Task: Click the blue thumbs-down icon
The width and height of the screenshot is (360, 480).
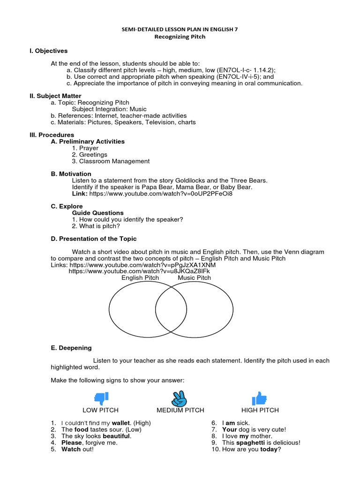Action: (x=101, y=398)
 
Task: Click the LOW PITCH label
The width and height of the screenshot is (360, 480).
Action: (x=102, y=410)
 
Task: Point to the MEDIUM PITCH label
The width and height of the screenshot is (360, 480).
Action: (x=180, y=410)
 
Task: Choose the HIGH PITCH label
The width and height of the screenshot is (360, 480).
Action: (x=260, y=410)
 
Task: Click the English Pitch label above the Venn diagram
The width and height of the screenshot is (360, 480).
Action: (x=140, y=278)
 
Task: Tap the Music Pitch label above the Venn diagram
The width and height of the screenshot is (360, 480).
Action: (x=194, y=278)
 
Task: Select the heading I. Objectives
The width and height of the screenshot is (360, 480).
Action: (x=49, y=51)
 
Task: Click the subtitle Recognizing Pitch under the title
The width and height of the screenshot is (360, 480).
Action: (x=180, y=37)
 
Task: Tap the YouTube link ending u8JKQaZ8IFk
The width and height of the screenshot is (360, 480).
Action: (x=139, y=271)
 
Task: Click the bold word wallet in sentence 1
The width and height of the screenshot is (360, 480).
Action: (x=121, y=423)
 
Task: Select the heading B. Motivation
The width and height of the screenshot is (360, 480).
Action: (x=71, y=174)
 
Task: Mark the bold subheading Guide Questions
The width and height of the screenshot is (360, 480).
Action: (x=97, y=213)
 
